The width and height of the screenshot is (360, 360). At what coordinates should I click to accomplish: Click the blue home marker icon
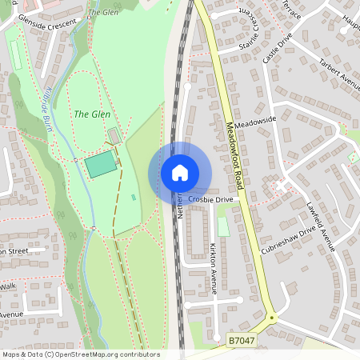pos(180,173)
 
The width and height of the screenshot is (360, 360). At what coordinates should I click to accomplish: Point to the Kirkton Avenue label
pos(214,269)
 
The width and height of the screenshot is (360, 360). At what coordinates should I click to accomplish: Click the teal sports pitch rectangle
pos(101,165)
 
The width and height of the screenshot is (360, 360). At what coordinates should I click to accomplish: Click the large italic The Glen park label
pos(92,114)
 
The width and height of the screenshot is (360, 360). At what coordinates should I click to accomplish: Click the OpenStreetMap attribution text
pos(80,354)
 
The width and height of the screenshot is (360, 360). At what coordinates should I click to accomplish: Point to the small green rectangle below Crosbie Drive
pos(223,226)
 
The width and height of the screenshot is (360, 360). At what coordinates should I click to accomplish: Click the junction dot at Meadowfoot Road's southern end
pos(271,317)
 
